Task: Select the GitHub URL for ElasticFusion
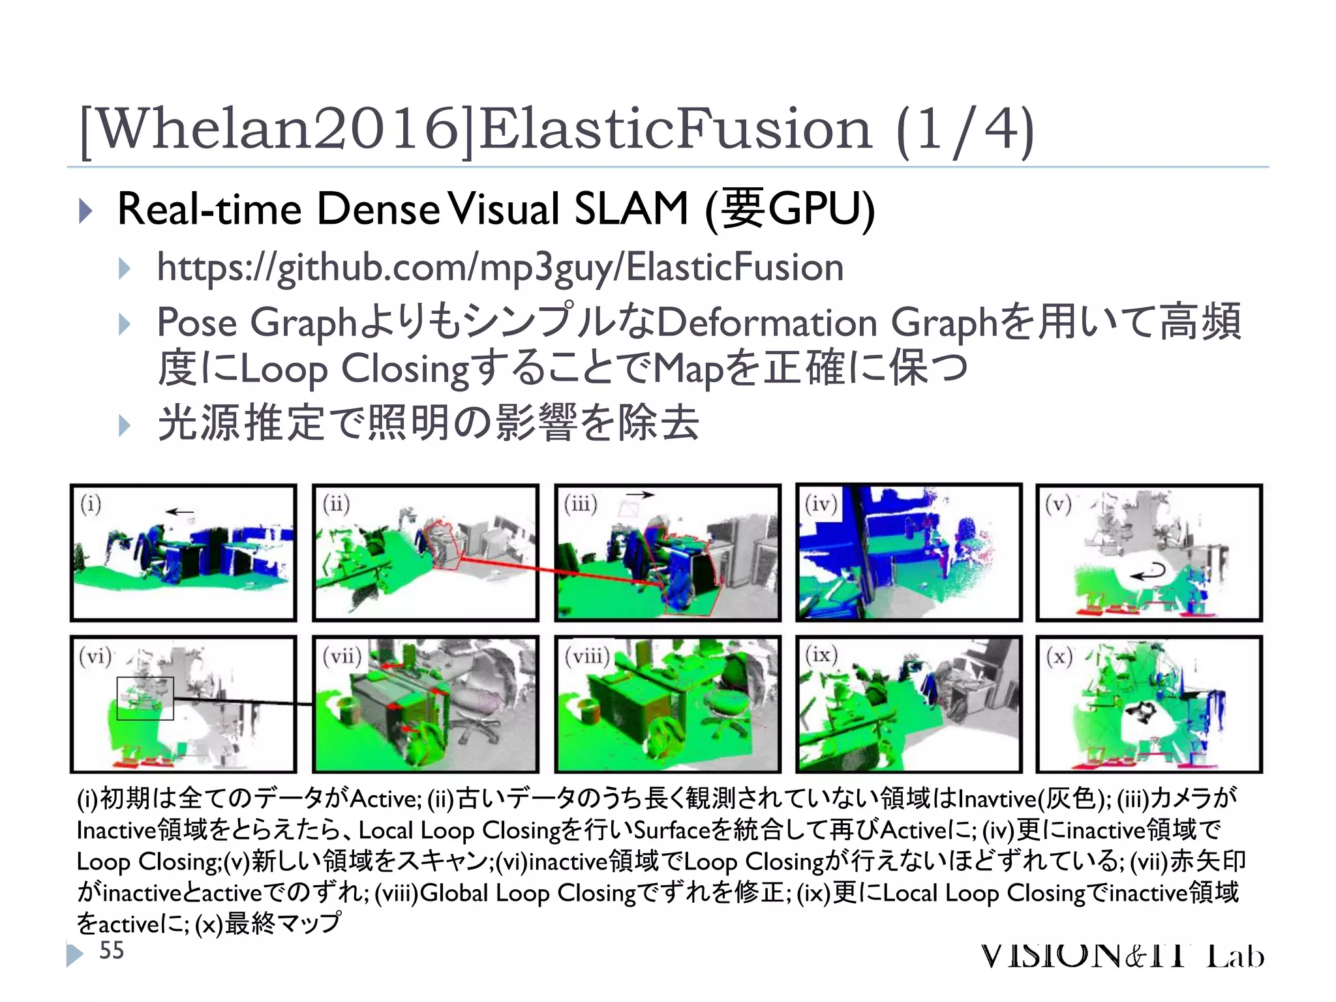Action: [500, 267]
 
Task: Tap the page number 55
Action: [112, 950]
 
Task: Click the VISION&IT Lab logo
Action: [1122, 956]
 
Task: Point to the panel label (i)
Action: [91, 504]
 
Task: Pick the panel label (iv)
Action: [821, 504]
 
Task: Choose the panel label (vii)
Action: [342, 656]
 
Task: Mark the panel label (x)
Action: [1059, 656]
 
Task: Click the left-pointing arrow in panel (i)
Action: [179, 512]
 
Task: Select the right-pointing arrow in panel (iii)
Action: [640, 495]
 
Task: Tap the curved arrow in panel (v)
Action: [1148, 572]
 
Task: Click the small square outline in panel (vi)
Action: [145, 698]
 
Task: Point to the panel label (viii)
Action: [587, 656]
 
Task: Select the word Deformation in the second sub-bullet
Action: [767, 323]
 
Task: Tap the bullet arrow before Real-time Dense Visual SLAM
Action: [85, 211]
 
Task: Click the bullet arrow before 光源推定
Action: [125, 425]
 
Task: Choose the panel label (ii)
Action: [336, 504]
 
